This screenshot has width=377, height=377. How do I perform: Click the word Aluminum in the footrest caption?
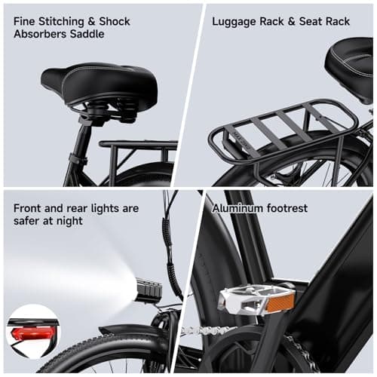[x=238, y=207]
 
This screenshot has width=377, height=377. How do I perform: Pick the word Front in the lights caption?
[x=29, y=207]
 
